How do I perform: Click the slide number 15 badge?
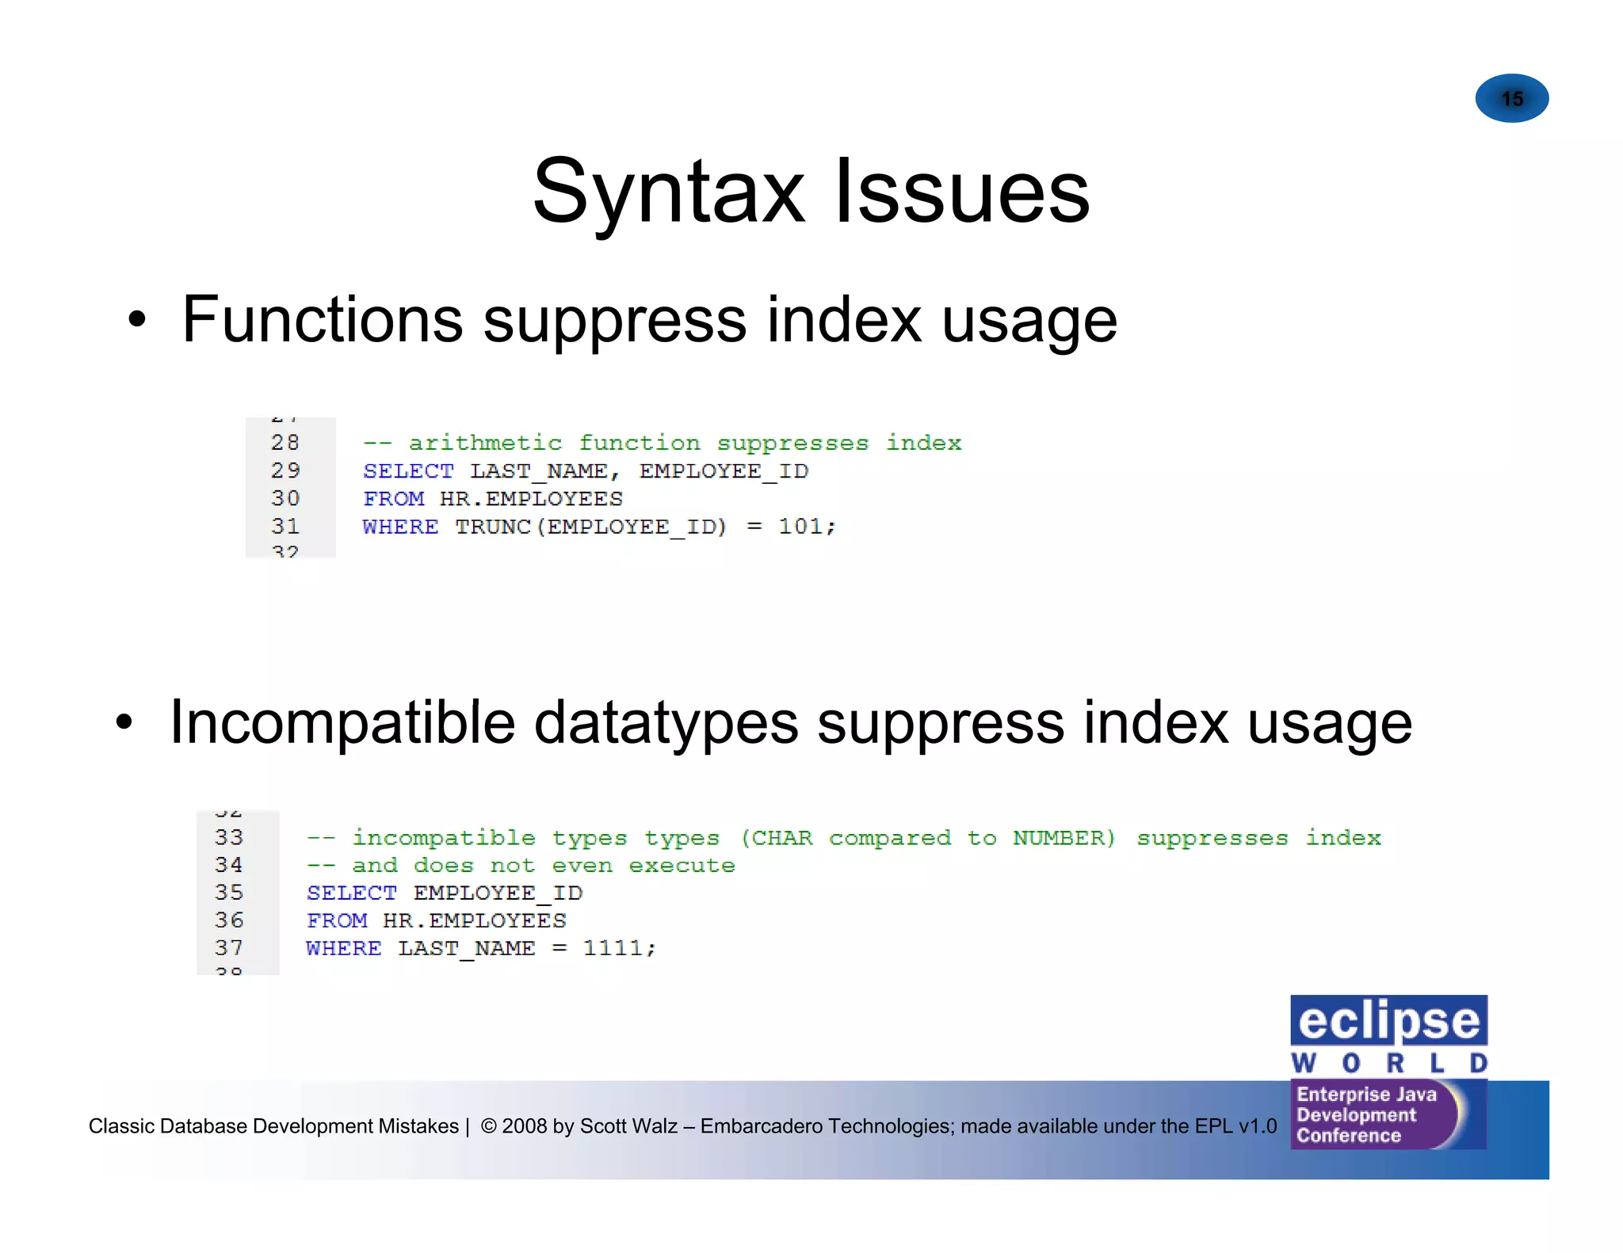[x=1511, y=99]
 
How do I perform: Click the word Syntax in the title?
[x=668, y=192]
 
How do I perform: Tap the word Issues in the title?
[x=962, y=192]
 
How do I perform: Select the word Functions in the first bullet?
[x=322, y=319]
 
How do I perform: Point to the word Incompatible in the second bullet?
[x=342, y=722]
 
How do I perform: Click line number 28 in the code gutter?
[x=285, y=443]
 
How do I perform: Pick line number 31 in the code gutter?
[x=285, y=527]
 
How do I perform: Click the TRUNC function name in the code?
[x=492, y=527]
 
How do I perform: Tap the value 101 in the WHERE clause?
[x=800, y=527]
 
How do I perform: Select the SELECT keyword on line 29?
[x=408, y=471]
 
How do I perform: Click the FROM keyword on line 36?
[x=337, y=921]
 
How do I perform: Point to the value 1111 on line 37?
[x=613, y=948]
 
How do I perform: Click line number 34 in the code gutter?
[x=229, y=865]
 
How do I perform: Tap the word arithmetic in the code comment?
[x=485, y=443]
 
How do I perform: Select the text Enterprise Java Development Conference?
[x=1366, y=1115]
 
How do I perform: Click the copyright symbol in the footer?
[x=488, y=1126]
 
